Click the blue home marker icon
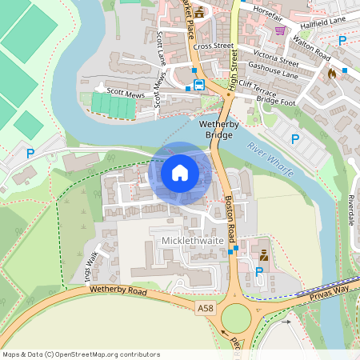[x=180, y=173]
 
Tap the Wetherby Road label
[x=119, y=291]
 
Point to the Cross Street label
[x=212, y=46]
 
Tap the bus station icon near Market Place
[x=198, y=86]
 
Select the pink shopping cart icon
[x=280, y=30]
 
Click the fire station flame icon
[x=332, y=74]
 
